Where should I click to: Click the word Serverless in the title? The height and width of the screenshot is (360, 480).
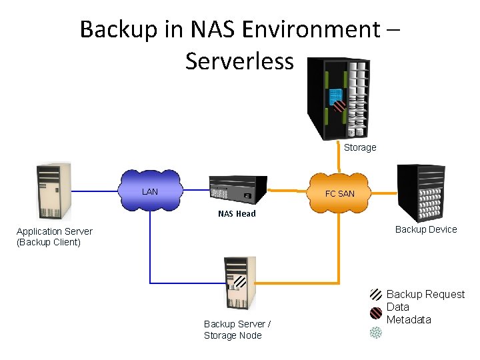239,61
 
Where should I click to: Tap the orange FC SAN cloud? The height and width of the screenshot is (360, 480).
340,193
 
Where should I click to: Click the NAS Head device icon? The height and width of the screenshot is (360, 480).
237,189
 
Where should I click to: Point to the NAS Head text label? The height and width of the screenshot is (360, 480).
237,214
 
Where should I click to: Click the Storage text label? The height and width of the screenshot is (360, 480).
360,147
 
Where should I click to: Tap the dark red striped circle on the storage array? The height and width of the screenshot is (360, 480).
339,105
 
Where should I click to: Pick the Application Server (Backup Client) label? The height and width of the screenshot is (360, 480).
55,237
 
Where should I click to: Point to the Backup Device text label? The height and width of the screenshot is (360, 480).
426,229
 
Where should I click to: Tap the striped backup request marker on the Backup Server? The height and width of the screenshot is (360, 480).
240,281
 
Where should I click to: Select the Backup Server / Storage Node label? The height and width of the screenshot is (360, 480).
237,329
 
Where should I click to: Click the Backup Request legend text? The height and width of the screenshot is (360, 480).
425,294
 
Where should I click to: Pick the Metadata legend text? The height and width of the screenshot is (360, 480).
409,319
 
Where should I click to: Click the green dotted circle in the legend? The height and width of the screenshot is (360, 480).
376,331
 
